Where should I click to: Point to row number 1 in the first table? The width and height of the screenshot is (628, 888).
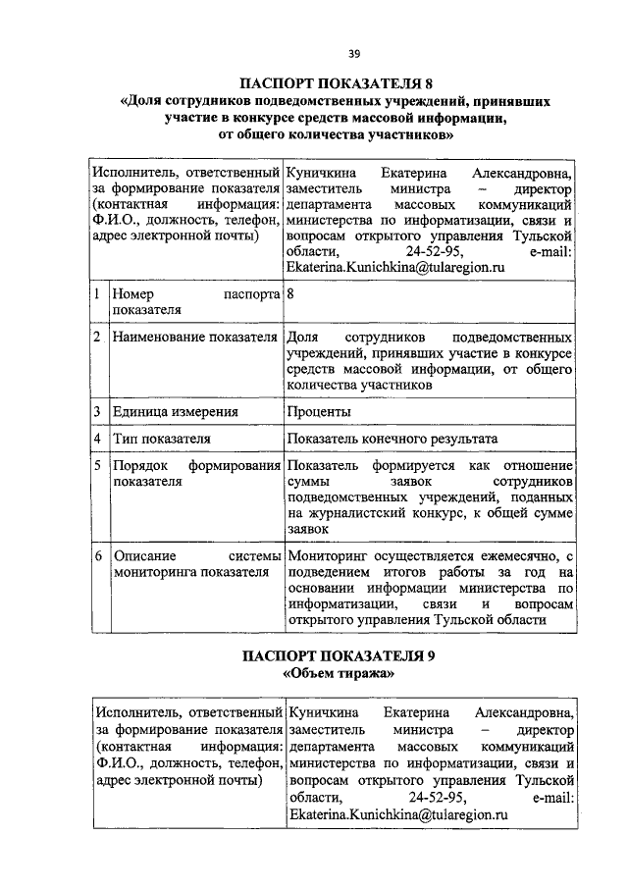click(x=97, y=293)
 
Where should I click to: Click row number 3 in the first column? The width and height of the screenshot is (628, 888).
click(x=97, y=411)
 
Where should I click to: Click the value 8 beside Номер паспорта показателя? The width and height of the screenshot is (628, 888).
click(x=290, y=293)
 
